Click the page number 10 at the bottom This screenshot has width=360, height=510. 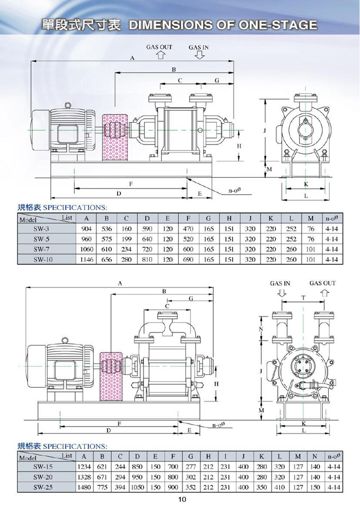(x=181, y=499)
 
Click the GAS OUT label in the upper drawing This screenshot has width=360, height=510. (x=159, y=47)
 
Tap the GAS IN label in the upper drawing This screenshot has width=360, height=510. (x=199, y=47)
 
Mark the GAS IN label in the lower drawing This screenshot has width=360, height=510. (x=280, y=283)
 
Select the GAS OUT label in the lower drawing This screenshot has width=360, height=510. (x=322, y=283)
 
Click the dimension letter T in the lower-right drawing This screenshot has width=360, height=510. (x=303, y=297)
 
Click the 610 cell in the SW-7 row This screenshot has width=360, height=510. (x=106, y=249)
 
